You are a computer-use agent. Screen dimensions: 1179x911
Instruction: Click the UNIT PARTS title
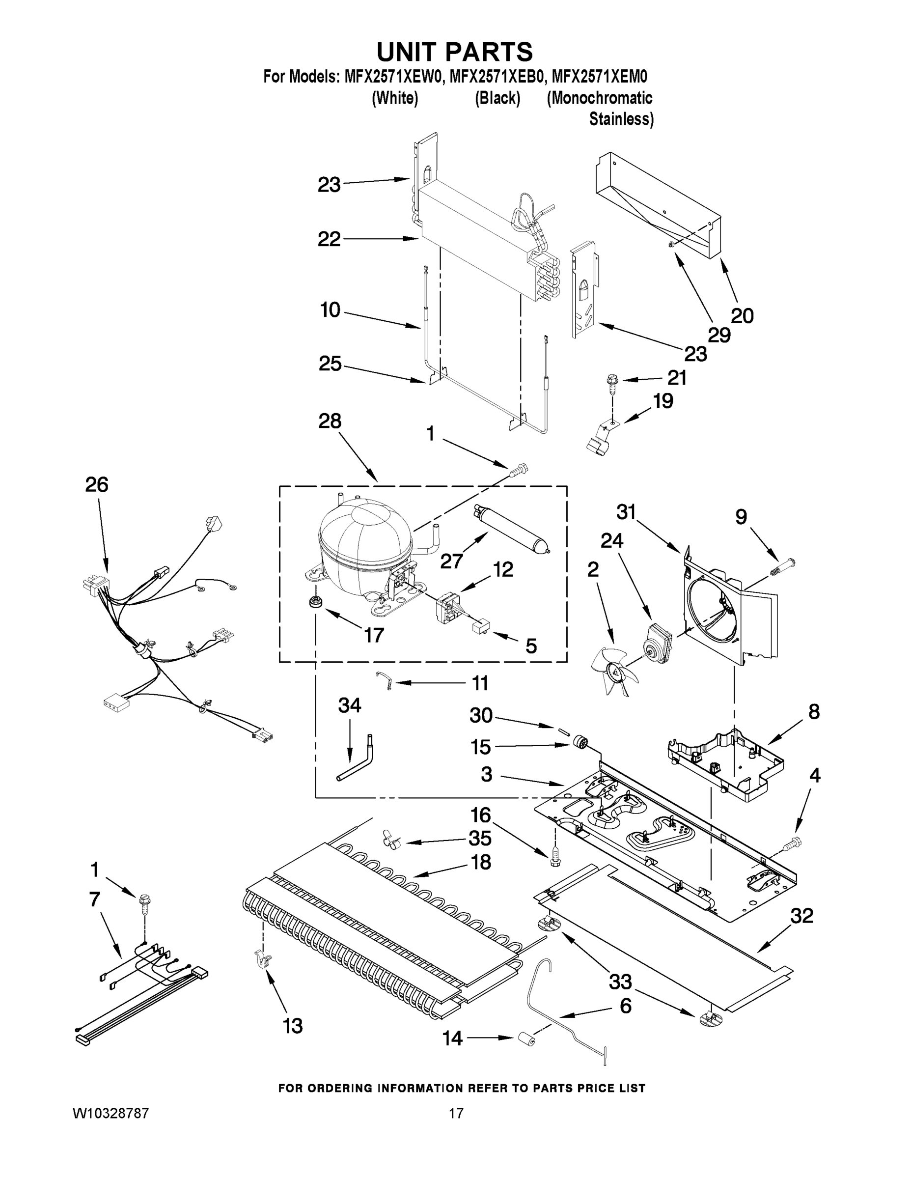(455, 53)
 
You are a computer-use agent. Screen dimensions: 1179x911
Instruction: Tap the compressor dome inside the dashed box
(364, 540)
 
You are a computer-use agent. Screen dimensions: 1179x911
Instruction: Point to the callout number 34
(349, 705)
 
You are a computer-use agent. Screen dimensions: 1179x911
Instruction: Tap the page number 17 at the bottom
(456, 1113)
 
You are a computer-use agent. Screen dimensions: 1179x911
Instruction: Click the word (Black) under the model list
(497, 98)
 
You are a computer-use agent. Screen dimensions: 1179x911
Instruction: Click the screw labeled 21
(612, 381)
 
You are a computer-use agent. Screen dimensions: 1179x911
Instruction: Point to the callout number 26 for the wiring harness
(97, 484)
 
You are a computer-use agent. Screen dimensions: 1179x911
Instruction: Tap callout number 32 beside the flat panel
(801, 916)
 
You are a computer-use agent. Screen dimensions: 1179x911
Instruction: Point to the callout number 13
(293, 1026)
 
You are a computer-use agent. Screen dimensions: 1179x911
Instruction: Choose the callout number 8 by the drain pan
(814, 711)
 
